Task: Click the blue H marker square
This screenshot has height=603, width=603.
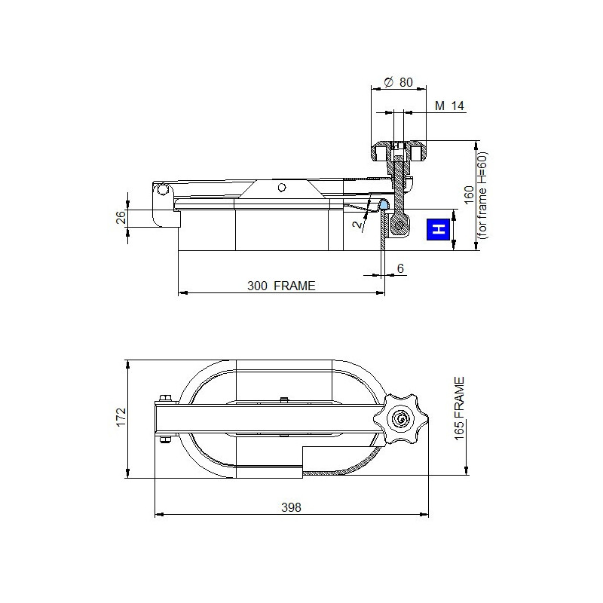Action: coord(439,229)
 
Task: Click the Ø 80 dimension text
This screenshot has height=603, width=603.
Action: coord(399,82)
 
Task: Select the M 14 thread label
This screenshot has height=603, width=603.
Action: coord(449,106)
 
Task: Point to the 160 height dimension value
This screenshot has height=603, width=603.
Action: coord(469,195)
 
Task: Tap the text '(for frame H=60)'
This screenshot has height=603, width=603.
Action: coord(482,195)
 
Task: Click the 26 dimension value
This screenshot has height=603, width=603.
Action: coord(121,217)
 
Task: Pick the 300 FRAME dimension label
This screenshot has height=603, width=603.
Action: coord(281,286)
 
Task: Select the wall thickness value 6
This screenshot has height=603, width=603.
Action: coord(400,268)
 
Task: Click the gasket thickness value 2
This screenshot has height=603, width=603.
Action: coord(358,224)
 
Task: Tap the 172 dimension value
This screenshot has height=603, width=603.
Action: coord(121,418)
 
